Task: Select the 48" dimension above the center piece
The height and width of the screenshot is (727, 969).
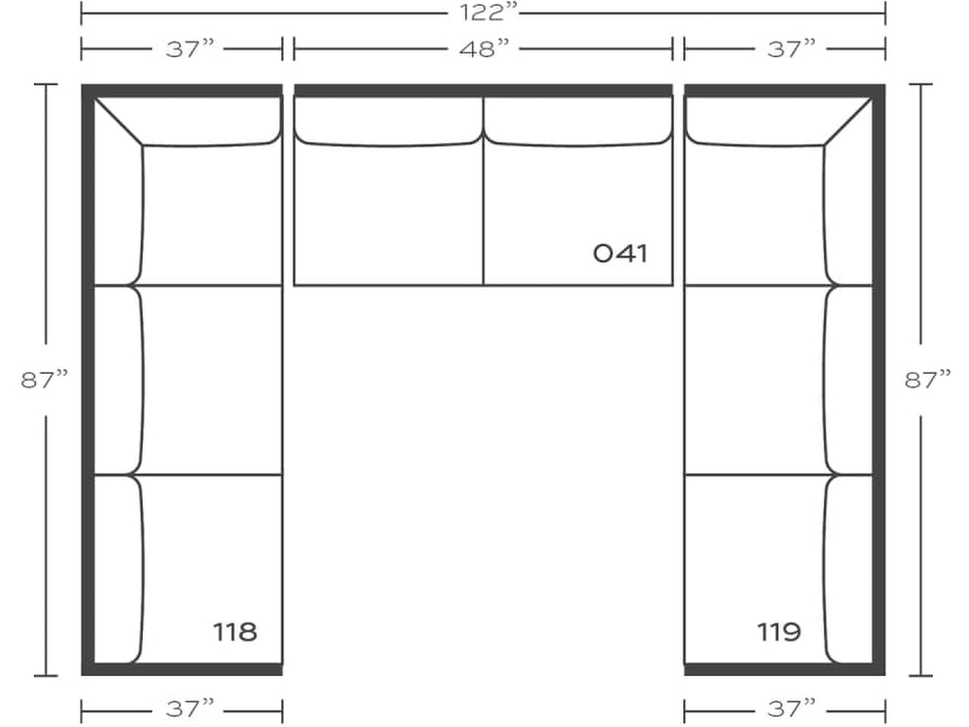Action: tap(484, 48)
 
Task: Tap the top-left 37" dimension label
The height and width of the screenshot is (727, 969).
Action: tap(189, 48)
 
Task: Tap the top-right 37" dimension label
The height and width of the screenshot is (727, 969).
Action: tap(792, 48)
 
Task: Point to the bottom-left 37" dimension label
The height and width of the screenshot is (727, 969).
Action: tap(189, 708)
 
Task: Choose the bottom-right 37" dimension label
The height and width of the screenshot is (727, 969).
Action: tap(792, 708)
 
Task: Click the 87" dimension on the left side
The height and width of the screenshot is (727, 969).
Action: tap(44, 379)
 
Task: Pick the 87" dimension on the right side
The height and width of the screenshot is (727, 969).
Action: tap(927, 379)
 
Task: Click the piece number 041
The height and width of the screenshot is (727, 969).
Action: tap(621, 254)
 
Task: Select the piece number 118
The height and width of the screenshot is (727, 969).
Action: tap(235, 631)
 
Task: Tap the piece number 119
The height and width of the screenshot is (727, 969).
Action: tap(779, 631)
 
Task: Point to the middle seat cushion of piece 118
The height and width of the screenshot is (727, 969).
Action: tap(212, 381)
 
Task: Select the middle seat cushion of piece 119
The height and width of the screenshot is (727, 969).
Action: tap(755, 381)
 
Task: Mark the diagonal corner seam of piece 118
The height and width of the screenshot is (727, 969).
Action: tap(118, 121)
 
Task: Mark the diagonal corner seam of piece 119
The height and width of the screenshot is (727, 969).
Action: tap(848, 121)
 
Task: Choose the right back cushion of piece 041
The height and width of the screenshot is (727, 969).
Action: tap(578, 121)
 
